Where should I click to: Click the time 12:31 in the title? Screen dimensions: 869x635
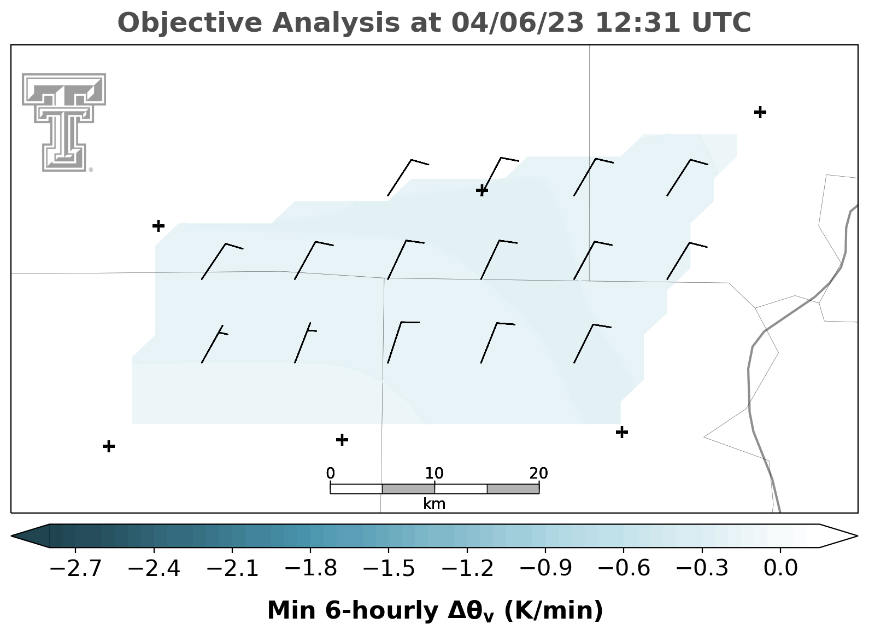637,22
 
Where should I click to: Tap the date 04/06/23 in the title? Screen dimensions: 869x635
518,23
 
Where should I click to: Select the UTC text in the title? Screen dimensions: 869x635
721,22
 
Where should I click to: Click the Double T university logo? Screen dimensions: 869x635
64,123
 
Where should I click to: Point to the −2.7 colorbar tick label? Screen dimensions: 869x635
75,568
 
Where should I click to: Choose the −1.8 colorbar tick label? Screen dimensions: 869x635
310,568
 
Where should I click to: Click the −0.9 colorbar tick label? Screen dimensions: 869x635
545,568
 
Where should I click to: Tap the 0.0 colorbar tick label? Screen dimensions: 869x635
780,568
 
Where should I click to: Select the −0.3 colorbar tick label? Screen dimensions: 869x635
702,568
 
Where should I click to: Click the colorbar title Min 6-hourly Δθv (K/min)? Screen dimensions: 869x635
435,610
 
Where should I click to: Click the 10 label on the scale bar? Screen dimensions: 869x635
434,473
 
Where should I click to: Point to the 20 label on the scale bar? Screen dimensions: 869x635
538,473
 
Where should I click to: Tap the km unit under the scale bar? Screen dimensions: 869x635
434,504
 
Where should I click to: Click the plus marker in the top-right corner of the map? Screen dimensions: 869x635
760,112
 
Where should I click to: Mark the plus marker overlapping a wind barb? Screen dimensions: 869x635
482,190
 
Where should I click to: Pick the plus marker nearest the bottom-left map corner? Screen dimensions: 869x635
109,446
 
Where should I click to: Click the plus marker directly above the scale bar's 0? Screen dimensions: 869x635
342,440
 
